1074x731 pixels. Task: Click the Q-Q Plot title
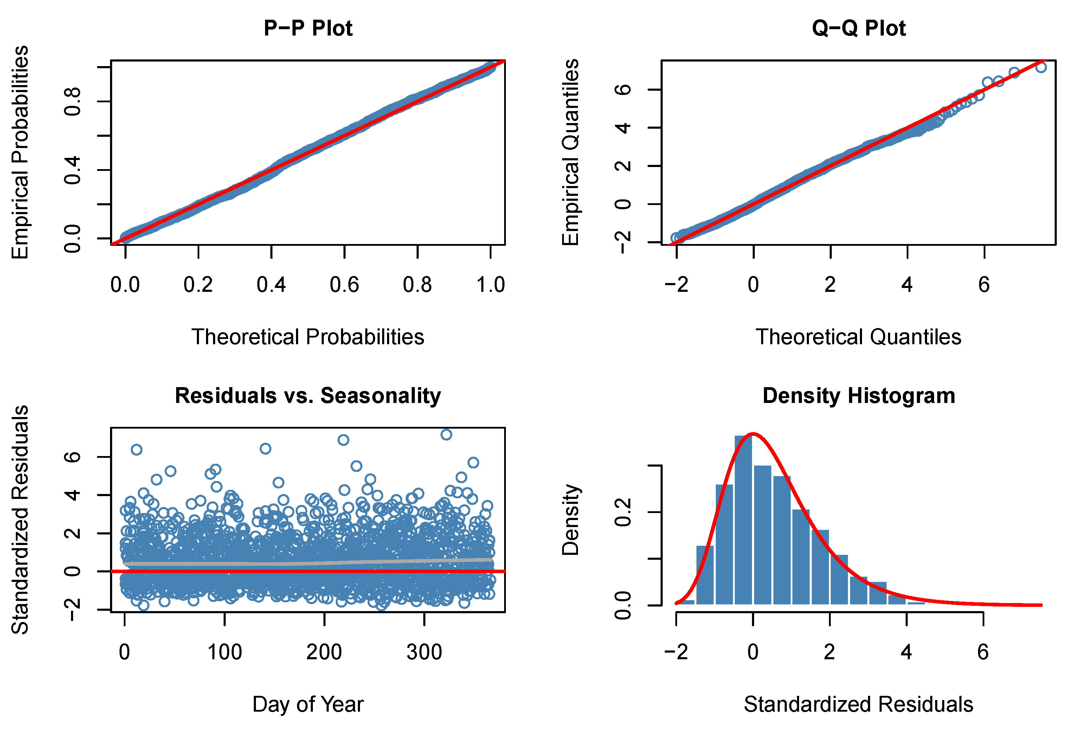pos(858,28)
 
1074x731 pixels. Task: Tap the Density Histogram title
pos(858,396)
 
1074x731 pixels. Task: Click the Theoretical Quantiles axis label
pos(858,337)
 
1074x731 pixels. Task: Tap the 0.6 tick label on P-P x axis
pos(344,285)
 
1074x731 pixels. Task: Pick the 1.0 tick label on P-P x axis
pos(491,285)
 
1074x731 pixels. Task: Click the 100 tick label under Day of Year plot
pos(225,652)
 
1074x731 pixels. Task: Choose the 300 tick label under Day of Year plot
pos(424,652)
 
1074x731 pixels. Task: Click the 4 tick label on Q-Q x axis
pos(907,285)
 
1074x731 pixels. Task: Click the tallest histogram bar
pos(743,520)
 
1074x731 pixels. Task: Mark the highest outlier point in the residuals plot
pos(446,434)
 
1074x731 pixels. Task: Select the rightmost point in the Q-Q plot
pos(1041,68)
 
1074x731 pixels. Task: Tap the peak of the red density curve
pos(753,434)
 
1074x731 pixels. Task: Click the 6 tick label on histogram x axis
pos(983,652)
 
